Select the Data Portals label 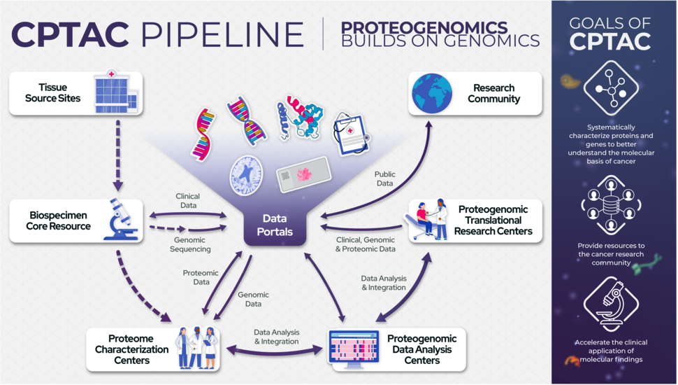(x=278, y=225)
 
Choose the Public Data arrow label (x=384, y=178)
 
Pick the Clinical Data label (x=188, y=202)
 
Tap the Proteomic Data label (x=201, y=277)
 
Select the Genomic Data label (x=254, y=300)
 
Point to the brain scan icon (x=245, y=172)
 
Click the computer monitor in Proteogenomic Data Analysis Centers (x=354, y=348)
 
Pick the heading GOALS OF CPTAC (x=611, y=31)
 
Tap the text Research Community (x=493, y=93)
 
